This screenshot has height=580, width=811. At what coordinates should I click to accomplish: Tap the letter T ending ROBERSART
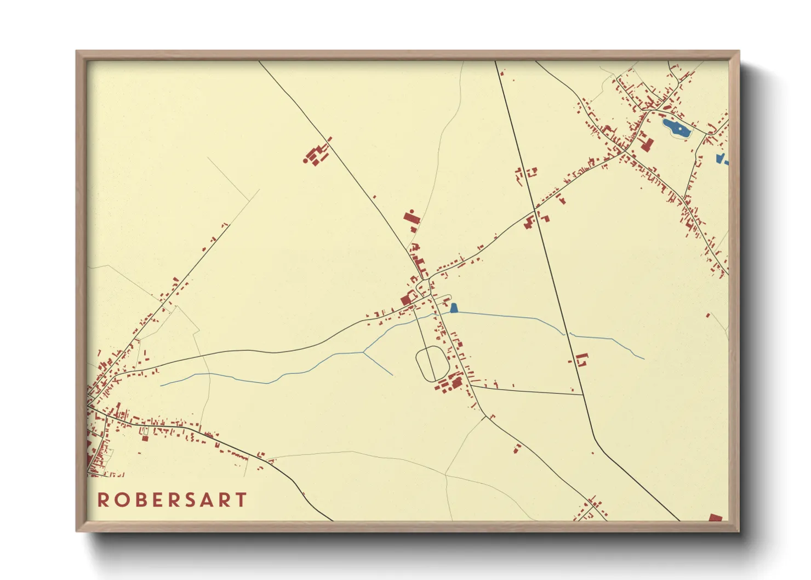(x=240, y=500)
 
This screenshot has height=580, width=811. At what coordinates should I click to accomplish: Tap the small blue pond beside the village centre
(x=454, y=308)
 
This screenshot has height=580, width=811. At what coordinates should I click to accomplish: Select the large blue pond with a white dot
(x=676, y=129)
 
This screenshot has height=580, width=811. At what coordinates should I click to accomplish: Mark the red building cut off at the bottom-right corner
(x=715, y=518)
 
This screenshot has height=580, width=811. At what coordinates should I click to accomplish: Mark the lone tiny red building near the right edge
(x=708, y=315)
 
